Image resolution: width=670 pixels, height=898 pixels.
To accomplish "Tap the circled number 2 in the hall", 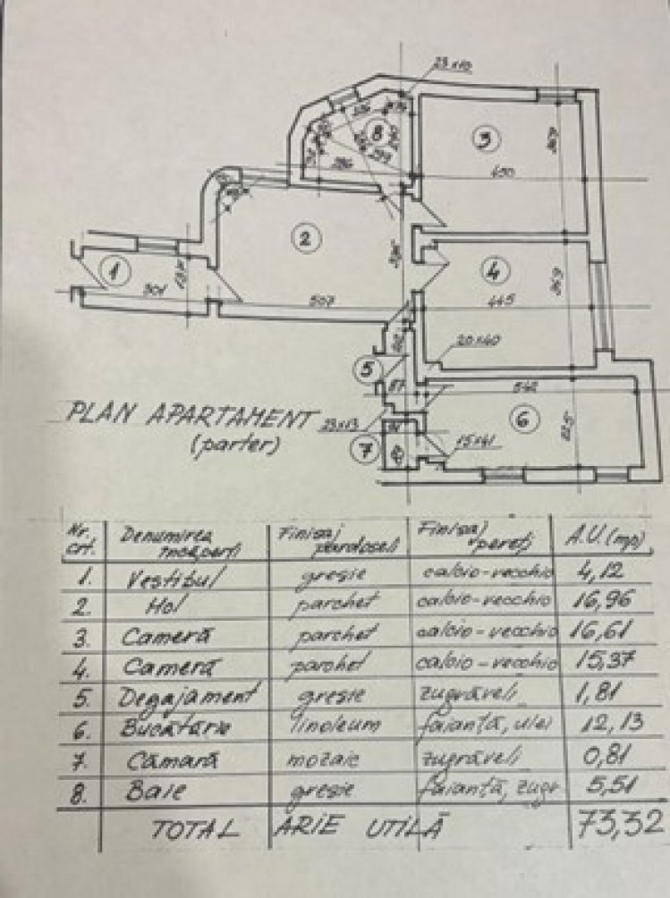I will [x=305, y=238].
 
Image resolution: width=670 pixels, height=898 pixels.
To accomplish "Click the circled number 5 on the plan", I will [x=367, y=367].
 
